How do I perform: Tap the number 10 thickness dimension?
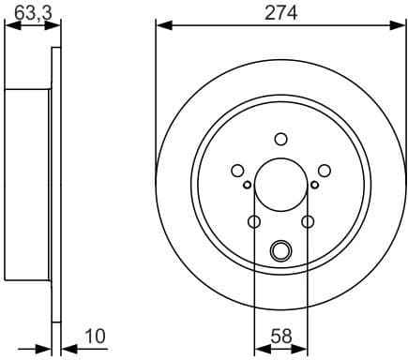pos(95,336)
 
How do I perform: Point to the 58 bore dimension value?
pos(280,336)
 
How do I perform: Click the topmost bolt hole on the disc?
pos(280,139)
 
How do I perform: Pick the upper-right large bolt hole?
pos(324,170)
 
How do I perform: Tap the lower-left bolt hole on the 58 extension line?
pos(254,222)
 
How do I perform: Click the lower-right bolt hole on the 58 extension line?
pos(308,222)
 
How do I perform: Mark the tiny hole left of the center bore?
pos(247,185)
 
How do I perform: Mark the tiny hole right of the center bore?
pos(314,185)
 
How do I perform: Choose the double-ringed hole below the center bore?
pos(280,250)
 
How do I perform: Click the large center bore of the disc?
pos(280,186)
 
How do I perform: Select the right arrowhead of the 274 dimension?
pos(400,24)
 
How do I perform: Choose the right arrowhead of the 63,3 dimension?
pos(56,25)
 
